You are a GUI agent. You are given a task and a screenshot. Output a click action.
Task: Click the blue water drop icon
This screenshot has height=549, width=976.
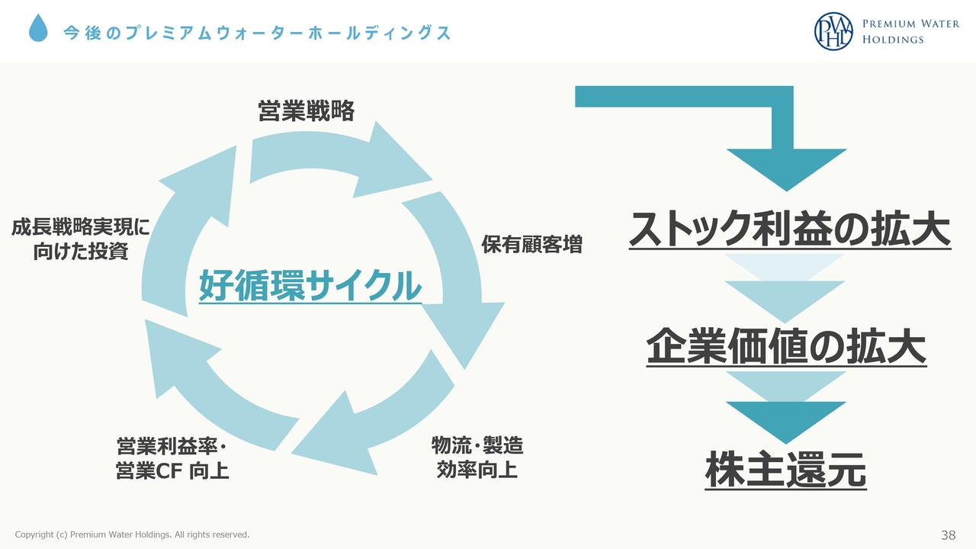[x=38, y=28]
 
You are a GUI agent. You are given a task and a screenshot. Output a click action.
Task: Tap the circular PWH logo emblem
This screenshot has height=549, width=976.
[x=833, y=31]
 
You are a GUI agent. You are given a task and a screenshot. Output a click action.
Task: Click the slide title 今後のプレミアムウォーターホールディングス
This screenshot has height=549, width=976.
[x=257, y=33]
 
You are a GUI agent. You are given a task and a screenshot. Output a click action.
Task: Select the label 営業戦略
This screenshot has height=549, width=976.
[x=306, y=111]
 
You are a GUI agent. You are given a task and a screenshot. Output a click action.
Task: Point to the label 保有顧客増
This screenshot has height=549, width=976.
[x=531, y=244]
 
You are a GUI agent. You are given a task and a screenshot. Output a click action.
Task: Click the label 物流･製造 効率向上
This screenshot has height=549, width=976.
[x=477, y=457]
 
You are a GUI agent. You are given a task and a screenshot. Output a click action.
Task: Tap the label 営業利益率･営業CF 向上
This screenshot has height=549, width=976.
[x=172, y=458]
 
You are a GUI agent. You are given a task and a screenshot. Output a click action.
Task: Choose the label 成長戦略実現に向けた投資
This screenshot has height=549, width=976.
[x=81, y=239]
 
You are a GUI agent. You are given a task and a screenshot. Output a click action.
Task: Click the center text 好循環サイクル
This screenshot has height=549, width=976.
[x=310, y=285]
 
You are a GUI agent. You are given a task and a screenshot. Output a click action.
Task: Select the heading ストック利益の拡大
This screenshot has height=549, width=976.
[x=789, y=229]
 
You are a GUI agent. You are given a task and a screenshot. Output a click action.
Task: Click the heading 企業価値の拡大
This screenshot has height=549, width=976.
[x=786, y=346]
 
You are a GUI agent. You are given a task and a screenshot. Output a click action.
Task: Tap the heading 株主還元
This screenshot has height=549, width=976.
[x=785, y=470]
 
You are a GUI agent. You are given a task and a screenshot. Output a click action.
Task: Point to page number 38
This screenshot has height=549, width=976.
[x=948, y=535]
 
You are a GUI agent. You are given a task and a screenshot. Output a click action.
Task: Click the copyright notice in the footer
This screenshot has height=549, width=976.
[x=132, y=535]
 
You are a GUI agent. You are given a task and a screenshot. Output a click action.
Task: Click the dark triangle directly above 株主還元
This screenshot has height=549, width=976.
[x=786, y=420]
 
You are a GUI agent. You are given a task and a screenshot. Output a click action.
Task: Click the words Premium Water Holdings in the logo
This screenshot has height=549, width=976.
[x=910, y=31]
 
